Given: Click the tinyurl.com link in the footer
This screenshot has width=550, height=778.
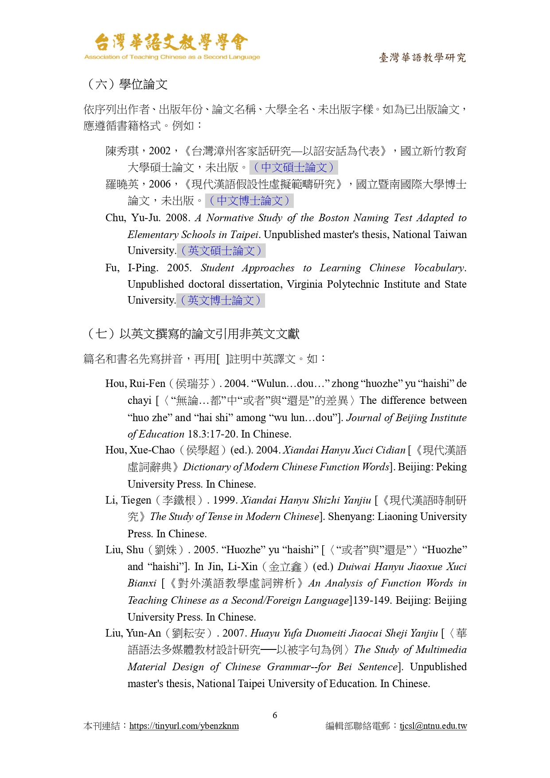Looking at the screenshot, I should click(x=184, y=726).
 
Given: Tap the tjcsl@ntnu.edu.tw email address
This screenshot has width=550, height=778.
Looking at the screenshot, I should click(x=433, y=726).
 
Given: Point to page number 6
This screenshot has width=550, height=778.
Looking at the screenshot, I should click(x=275, y=715).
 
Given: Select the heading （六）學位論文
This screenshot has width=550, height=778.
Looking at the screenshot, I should click(x=127, y=84).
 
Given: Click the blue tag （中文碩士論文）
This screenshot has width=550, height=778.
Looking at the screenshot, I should click(x=293, y=168).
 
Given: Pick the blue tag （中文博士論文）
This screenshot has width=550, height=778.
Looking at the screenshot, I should click(x=249, y=201).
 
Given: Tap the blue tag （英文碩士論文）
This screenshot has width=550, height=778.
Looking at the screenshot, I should click(x=221, y=251).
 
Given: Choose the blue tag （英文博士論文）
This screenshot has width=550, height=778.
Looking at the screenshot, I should click(x=221, y=301).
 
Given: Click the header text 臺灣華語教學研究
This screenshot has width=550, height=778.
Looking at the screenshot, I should click(x=422, y=58).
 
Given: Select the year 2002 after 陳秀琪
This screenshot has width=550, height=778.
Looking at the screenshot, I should click(x=160, y=151).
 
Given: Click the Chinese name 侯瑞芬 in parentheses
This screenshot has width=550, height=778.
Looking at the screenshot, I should click(x=192, y=384).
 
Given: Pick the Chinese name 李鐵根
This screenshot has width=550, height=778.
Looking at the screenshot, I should click(x=179, y=500).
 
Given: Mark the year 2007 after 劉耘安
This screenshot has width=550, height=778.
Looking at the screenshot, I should click(x=234, y=633).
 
